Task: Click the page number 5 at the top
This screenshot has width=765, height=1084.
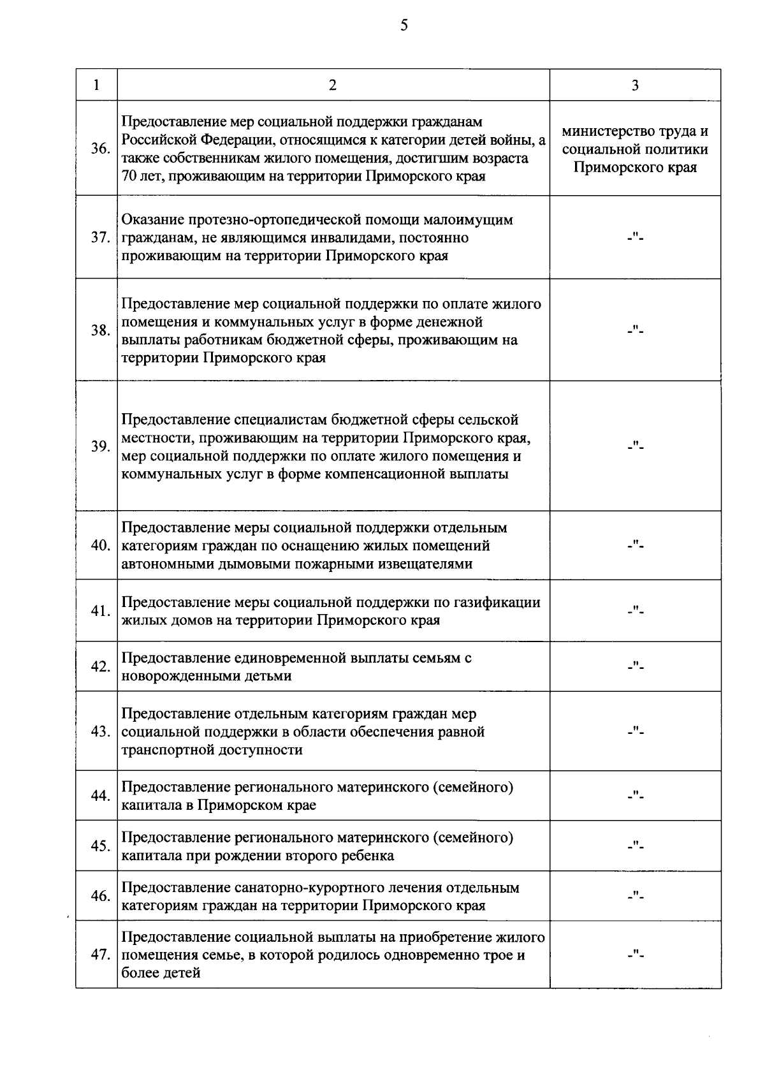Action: tap(404, 25)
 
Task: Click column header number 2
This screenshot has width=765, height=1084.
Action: tap(332, 85)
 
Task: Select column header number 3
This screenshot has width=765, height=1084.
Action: tap(635, 85)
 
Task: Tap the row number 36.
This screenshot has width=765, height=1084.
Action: tap(99, 149)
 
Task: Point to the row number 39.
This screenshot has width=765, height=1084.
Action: tap(99, 446)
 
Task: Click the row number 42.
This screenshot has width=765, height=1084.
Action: tap(99, 667)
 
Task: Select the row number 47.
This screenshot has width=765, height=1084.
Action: tap(99, 955)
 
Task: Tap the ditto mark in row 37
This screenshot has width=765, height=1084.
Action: tap(635, 238)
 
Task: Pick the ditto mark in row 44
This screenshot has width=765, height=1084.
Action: tap(635, 796)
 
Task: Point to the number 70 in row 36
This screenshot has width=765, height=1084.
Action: tap(129, 176)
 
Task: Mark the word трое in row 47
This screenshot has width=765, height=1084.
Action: tap(495, 956)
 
